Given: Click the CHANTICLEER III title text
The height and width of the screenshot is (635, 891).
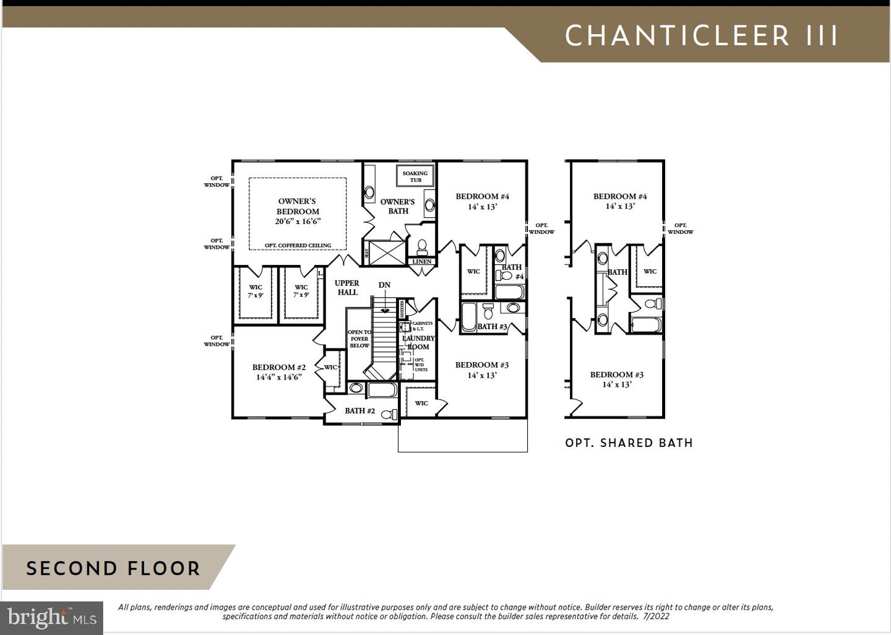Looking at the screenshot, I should point(701,37).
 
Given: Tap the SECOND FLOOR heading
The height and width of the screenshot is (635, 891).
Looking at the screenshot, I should point(113,568).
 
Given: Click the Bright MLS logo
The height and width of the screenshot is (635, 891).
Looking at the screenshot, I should point(52,618).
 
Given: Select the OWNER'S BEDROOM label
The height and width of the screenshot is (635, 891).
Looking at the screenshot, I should point(298,211).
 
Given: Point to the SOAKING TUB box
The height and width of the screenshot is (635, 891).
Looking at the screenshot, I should point(415,176).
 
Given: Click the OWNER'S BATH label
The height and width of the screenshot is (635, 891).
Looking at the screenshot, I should point(398,206).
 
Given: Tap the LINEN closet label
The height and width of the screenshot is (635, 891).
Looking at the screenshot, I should point(422,262).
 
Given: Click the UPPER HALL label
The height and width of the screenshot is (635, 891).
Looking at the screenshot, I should point(347,288).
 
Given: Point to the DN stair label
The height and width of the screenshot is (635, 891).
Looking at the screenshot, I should point(385,285).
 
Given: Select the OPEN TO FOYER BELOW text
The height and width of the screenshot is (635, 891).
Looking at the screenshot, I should point(359,339).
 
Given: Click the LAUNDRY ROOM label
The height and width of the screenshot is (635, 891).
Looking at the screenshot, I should point(419,342).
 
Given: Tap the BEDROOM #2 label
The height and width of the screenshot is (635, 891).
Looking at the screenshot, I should point(278,372).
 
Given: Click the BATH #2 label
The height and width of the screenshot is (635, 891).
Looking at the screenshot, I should point(359,410).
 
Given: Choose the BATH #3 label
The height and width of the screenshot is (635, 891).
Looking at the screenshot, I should point(492,326).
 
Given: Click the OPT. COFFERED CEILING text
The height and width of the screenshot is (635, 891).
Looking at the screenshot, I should point(298,246).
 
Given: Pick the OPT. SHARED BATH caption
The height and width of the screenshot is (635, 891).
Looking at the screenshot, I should point(629,443).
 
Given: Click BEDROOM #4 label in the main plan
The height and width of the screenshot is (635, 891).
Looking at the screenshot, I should point(482,201).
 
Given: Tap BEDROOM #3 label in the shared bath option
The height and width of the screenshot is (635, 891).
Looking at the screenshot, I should point(616,379).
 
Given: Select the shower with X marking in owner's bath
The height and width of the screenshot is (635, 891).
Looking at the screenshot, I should point(387,253).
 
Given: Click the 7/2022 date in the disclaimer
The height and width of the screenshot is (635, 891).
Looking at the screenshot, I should point(656,616).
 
